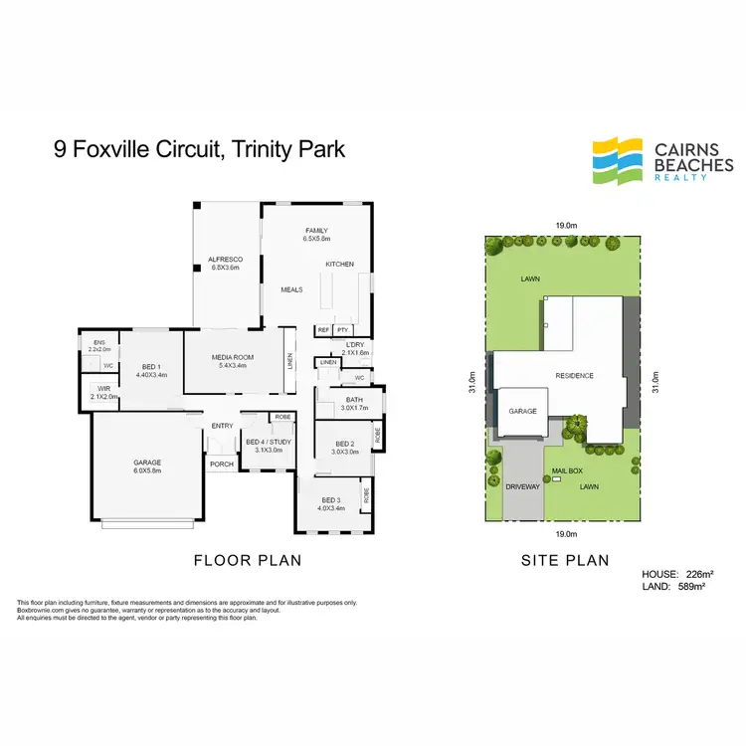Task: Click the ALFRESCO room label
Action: pos(225,259)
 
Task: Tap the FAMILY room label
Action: pos(316,231)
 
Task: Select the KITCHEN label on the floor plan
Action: pos(340,264)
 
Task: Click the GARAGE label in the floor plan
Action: pos(147,463)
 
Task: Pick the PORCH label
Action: pos(220,463)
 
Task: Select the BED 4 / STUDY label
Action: pos(269,442)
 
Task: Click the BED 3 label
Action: pos(331,500)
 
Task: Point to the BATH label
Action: pos(354,400)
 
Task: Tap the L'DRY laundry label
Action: pos(355,344)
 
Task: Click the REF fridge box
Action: pos(323,329)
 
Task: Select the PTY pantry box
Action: pos(343,329)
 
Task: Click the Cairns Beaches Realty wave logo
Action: pos(617,160)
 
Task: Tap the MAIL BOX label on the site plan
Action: pos(566,470)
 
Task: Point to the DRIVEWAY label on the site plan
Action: pos(523,487)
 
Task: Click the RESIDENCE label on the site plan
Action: pos(575,375)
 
